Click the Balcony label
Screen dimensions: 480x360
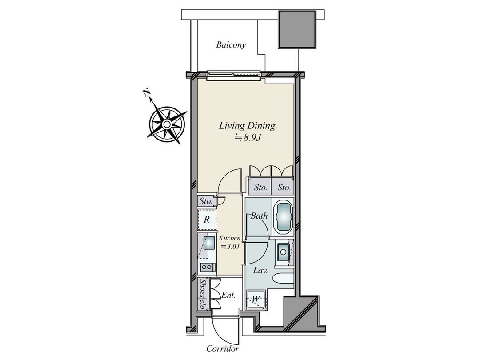[x=231, y=45]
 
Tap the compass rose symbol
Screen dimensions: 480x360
[x=167, y=124]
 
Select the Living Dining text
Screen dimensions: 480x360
[x=247, y=125]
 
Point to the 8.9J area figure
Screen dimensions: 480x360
[x=248, y=138]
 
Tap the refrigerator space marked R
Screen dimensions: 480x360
[x=207, y=220]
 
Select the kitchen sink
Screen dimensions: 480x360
[x=209, y=243]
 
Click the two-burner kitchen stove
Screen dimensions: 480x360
[x=207, y=267]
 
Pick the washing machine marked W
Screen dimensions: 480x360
[x=256, y=299]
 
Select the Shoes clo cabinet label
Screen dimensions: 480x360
[x=202, y=294]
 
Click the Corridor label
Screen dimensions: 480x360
[x=223, y=349]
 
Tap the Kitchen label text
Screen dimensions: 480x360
[x=229, y=238]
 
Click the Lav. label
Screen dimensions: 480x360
[x=260, y=271]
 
